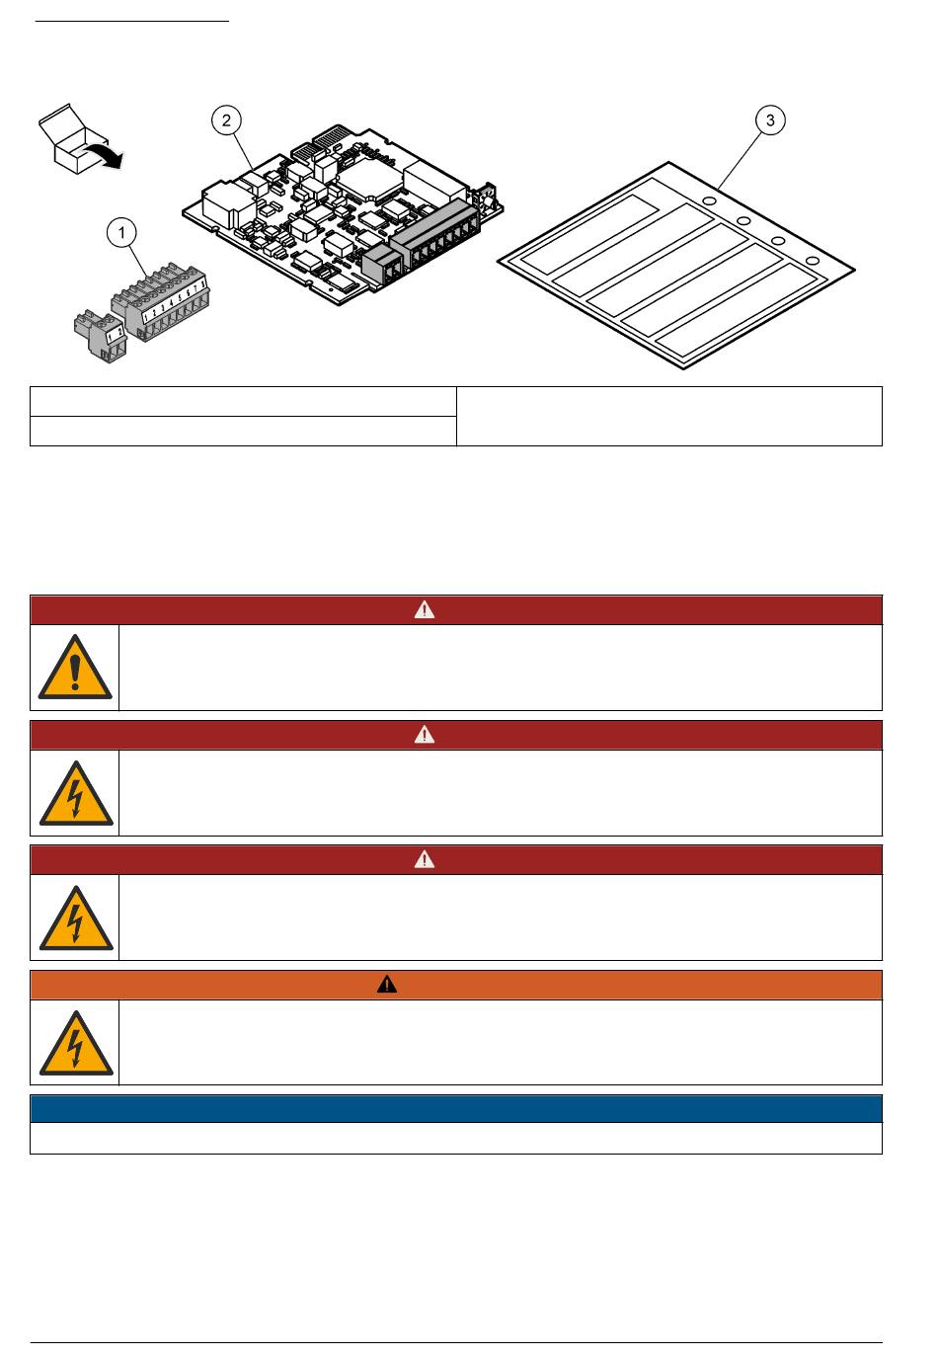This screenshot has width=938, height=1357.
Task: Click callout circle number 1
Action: pos(121,233)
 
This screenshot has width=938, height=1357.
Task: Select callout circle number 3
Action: pos(770,120)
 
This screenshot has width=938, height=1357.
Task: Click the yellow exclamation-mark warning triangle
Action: pos(75,668)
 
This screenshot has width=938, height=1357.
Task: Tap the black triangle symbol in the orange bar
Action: pos(387,985)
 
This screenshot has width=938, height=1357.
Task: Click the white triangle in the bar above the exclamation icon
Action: pos(424,609)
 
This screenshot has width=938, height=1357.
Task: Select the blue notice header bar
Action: pos(455,1108)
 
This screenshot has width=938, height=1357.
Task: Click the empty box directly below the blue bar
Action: pos(455,1138)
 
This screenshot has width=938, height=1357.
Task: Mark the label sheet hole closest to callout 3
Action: pos(709,200)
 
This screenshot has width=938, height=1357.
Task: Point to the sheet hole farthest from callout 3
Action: pos(812,260)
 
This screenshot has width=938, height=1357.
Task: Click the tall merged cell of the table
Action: pos(668,416)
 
